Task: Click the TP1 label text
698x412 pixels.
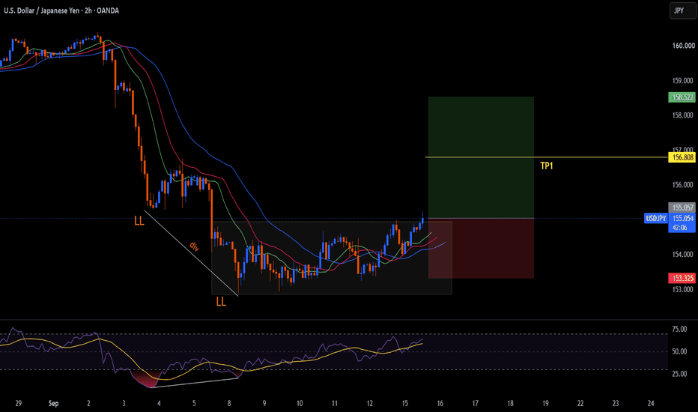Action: point(546,166)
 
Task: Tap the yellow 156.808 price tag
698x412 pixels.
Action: point(682,157)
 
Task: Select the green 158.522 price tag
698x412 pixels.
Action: point(682,97)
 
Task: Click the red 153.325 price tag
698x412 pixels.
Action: point(682,278)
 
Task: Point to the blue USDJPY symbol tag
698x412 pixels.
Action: point(656,218)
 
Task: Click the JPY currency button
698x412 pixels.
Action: point(682,10)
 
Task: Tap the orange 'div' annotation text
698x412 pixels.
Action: point(195,246)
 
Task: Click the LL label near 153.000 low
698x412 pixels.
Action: point(221,302)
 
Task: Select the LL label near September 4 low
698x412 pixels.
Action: point(139,220)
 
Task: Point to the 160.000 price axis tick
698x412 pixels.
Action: point(683,46)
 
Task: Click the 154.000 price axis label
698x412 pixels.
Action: point(682,255)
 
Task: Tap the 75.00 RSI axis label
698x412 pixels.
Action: point(679,329)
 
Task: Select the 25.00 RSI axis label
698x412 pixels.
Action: point(679,374)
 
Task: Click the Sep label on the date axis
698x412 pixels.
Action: point(53,403)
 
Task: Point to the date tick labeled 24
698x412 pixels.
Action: point(650,403)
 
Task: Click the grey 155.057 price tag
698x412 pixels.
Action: point(682,207)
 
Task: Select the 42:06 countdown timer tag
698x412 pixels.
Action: point(679,228)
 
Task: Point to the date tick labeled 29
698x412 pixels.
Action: point(18,403)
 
